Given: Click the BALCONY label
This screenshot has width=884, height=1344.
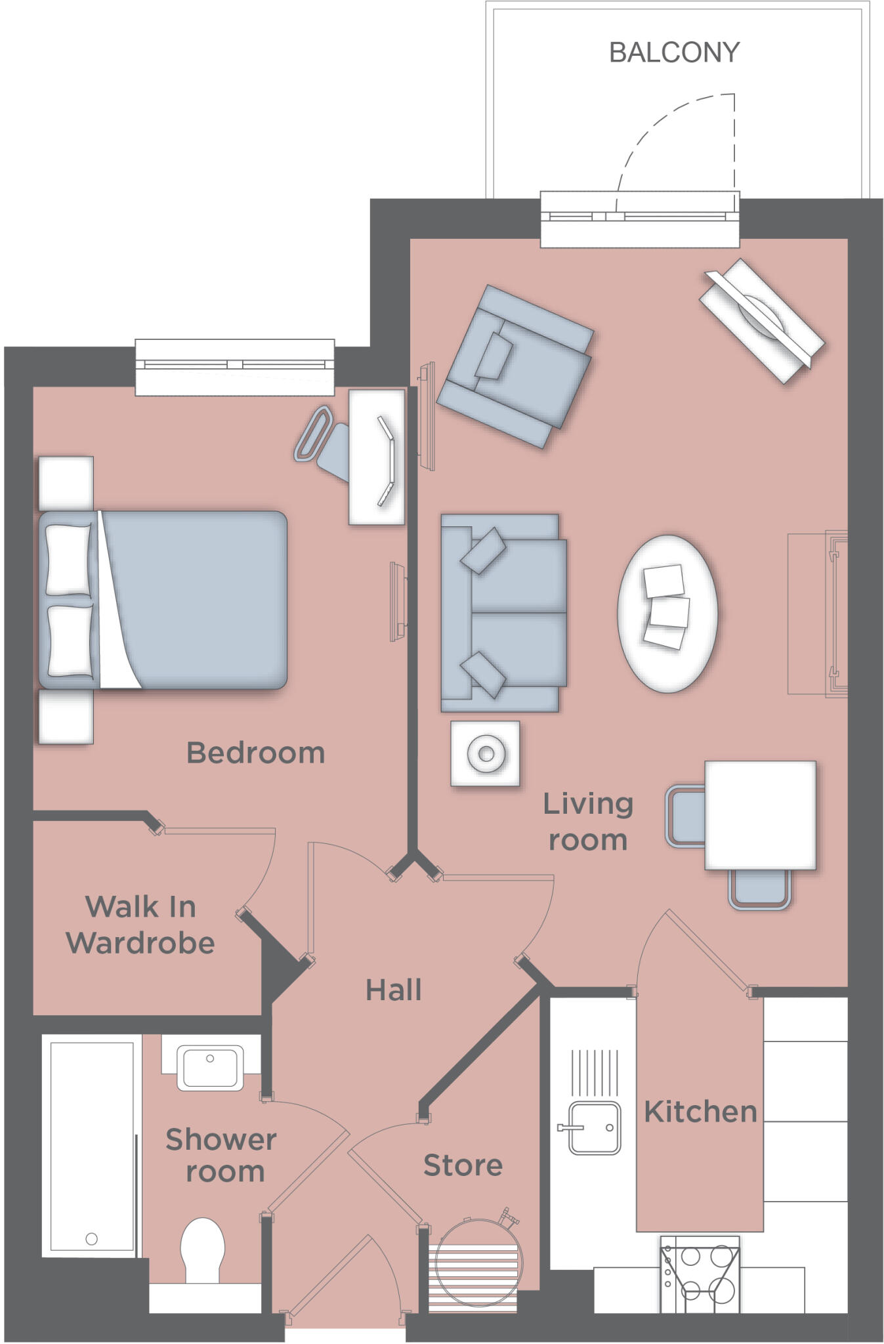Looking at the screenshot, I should click(x=674, y=52).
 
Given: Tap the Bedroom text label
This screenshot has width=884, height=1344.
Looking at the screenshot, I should click(x=255, y=753).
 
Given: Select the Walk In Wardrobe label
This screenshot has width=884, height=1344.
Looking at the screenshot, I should click(x=140, y=925).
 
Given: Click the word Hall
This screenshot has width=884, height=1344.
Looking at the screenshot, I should click(x=393, y=990).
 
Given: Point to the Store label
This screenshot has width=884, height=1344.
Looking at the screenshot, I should click(x=463, y=1165).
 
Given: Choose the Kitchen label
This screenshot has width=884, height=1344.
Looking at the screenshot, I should click(x=700, y=1112).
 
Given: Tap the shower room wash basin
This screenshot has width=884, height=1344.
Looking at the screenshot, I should click(x=210, y=1068).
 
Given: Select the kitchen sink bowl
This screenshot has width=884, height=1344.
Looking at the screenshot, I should click(x=594, y=1127).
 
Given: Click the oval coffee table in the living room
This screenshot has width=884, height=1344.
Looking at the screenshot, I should click(x=667, y=614).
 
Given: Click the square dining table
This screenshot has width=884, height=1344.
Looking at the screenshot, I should click(x=760, y=815).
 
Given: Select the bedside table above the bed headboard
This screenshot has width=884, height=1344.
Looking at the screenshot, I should click(x=66, y=483).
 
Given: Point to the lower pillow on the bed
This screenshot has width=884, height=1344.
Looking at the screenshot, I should click(x=70, y=640).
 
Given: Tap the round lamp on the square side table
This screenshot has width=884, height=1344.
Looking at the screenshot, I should click(x=486, y=754).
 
